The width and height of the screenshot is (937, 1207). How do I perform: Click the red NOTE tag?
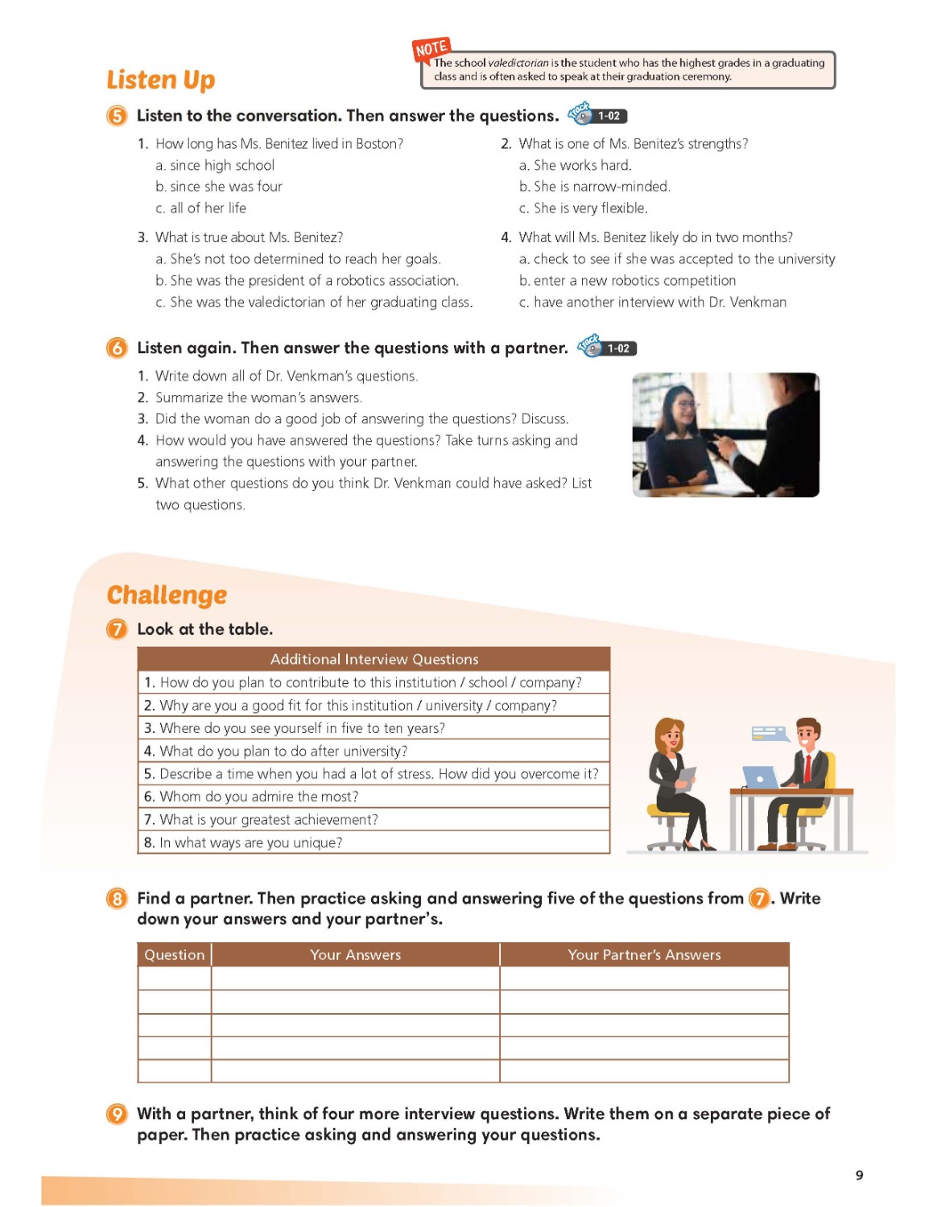(431, 49)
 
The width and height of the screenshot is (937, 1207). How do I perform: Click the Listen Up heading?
(161, 80)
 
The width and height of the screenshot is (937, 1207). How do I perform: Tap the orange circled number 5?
(117, 116)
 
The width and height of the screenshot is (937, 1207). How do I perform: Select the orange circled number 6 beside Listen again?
(117, 348)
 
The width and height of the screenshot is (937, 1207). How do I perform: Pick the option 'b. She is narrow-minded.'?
(594, 187)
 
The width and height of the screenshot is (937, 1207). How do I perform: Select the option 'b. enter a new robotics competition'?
(627, 281)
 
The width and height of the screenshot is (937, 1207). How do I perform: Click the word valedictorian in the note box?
(518, 63)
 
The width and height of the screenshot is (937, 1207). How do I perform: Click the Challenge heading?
(167, 595)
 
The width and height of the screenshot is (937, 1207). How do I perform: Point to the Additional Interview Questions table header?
(374, 659)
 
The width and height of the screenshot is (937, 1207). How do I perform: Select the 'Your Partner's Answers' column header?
(644, 955)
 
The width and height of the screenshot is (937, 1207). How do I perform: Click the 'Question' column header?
(175, 955)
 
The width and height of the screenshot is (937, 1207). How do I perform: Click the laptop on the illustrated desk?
(760, 777)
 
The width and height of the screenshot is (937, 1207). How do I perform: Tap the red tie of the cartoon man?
(807, 768)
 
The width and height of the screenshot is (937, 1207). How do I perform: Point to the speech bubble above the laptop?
(770, 733)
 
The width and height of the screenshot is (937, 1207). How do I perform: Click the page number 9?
(859, 1176)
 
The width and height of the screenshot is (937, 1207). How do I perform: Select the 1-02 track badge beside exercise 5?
(609, 116)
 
